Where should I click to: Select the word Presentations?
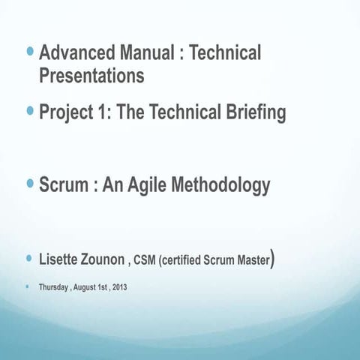[x=91, y=76]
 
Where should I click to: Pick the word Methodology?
[x=223, y=184]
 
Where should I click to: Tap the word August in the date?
[x=85, y=287]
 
